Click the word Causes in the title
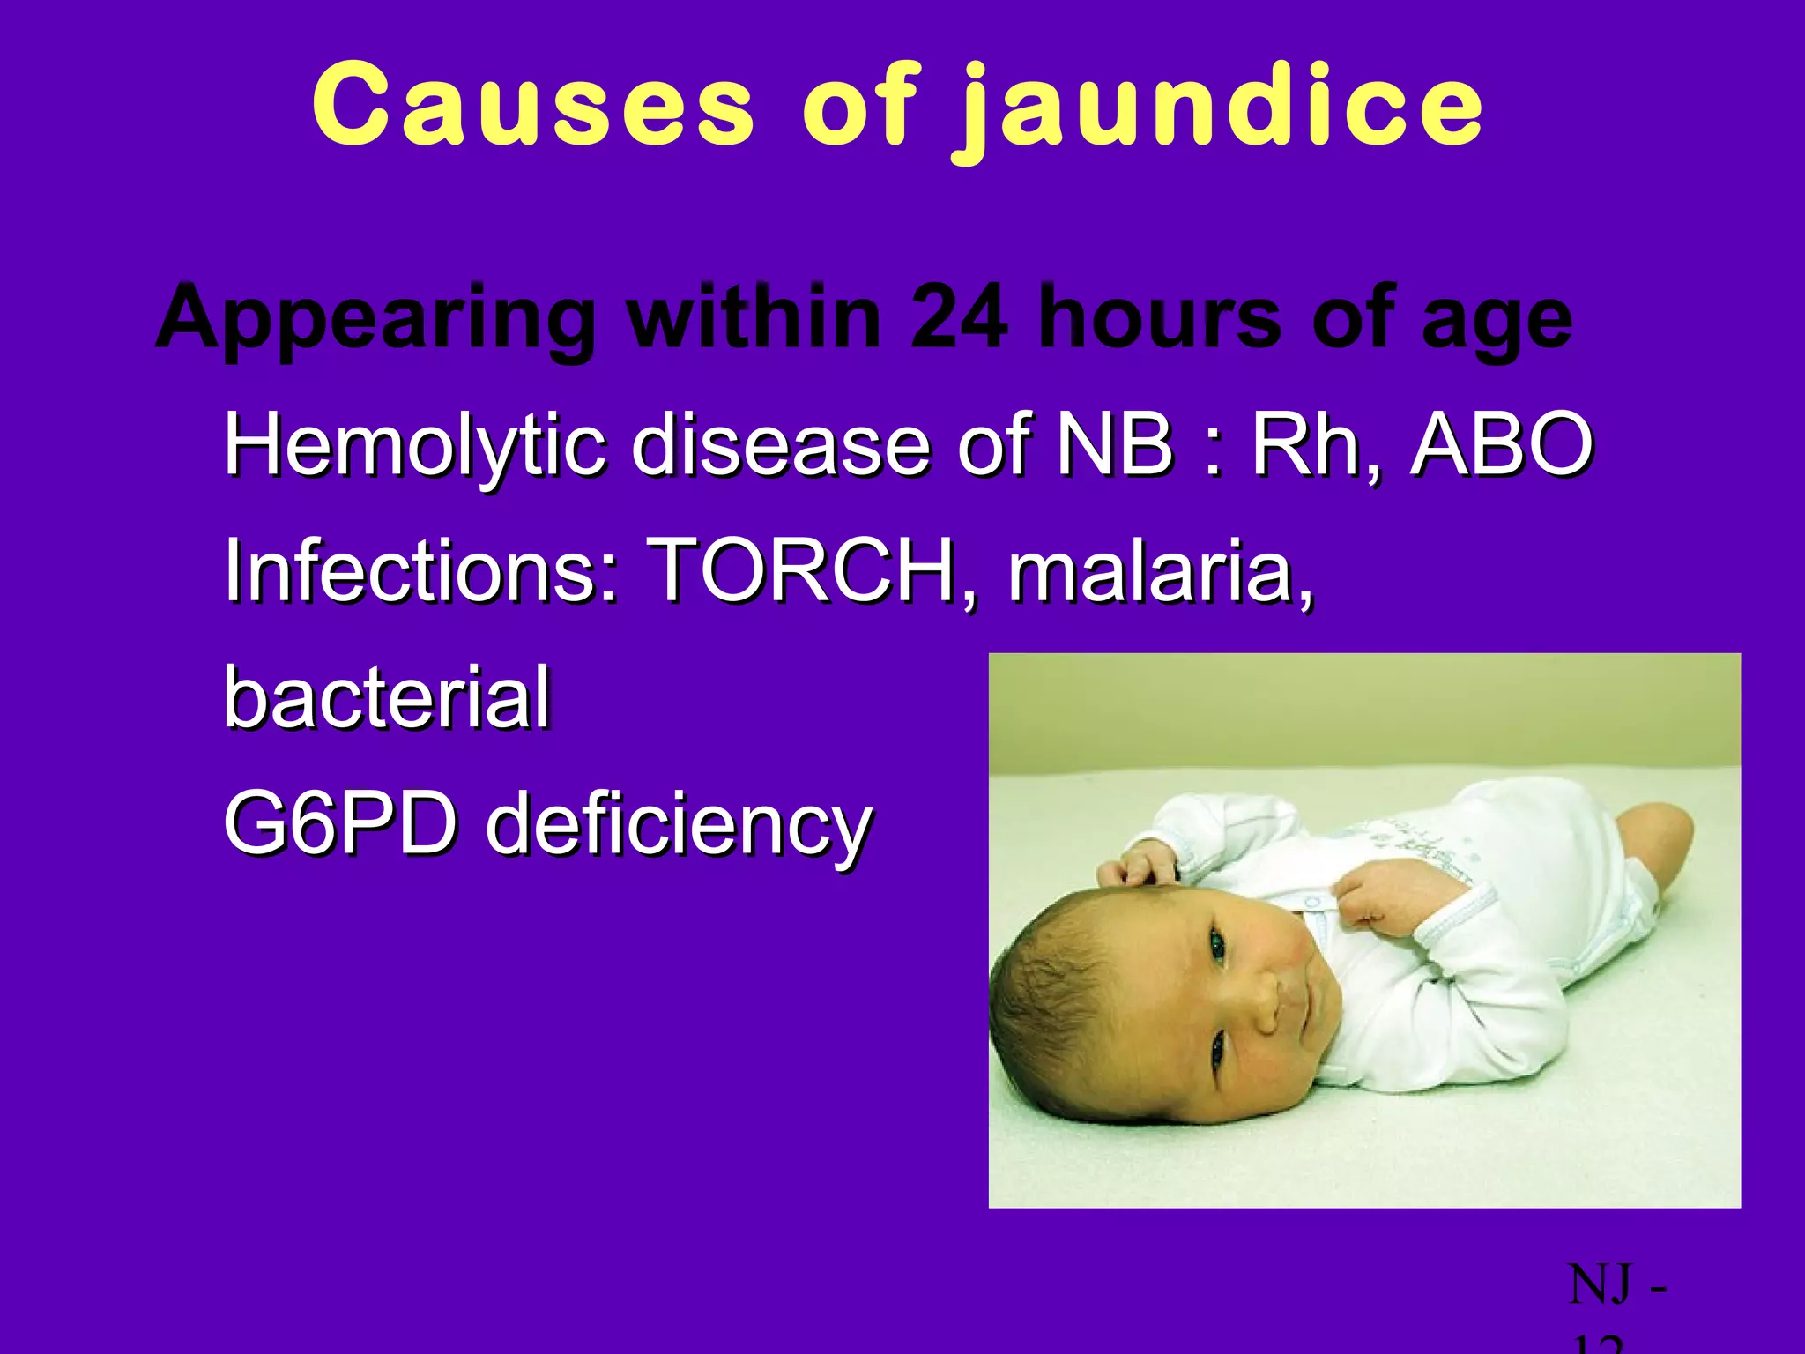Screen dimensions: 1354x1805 (533, 108)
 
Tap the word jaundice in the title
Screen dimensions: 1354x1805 (1221, 110)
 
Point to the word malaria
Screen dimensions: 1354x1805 (1160, 571)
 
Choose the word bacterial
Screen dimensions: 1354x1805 (387, 698)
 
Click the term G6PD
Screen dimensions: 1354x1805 (340, 824)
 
